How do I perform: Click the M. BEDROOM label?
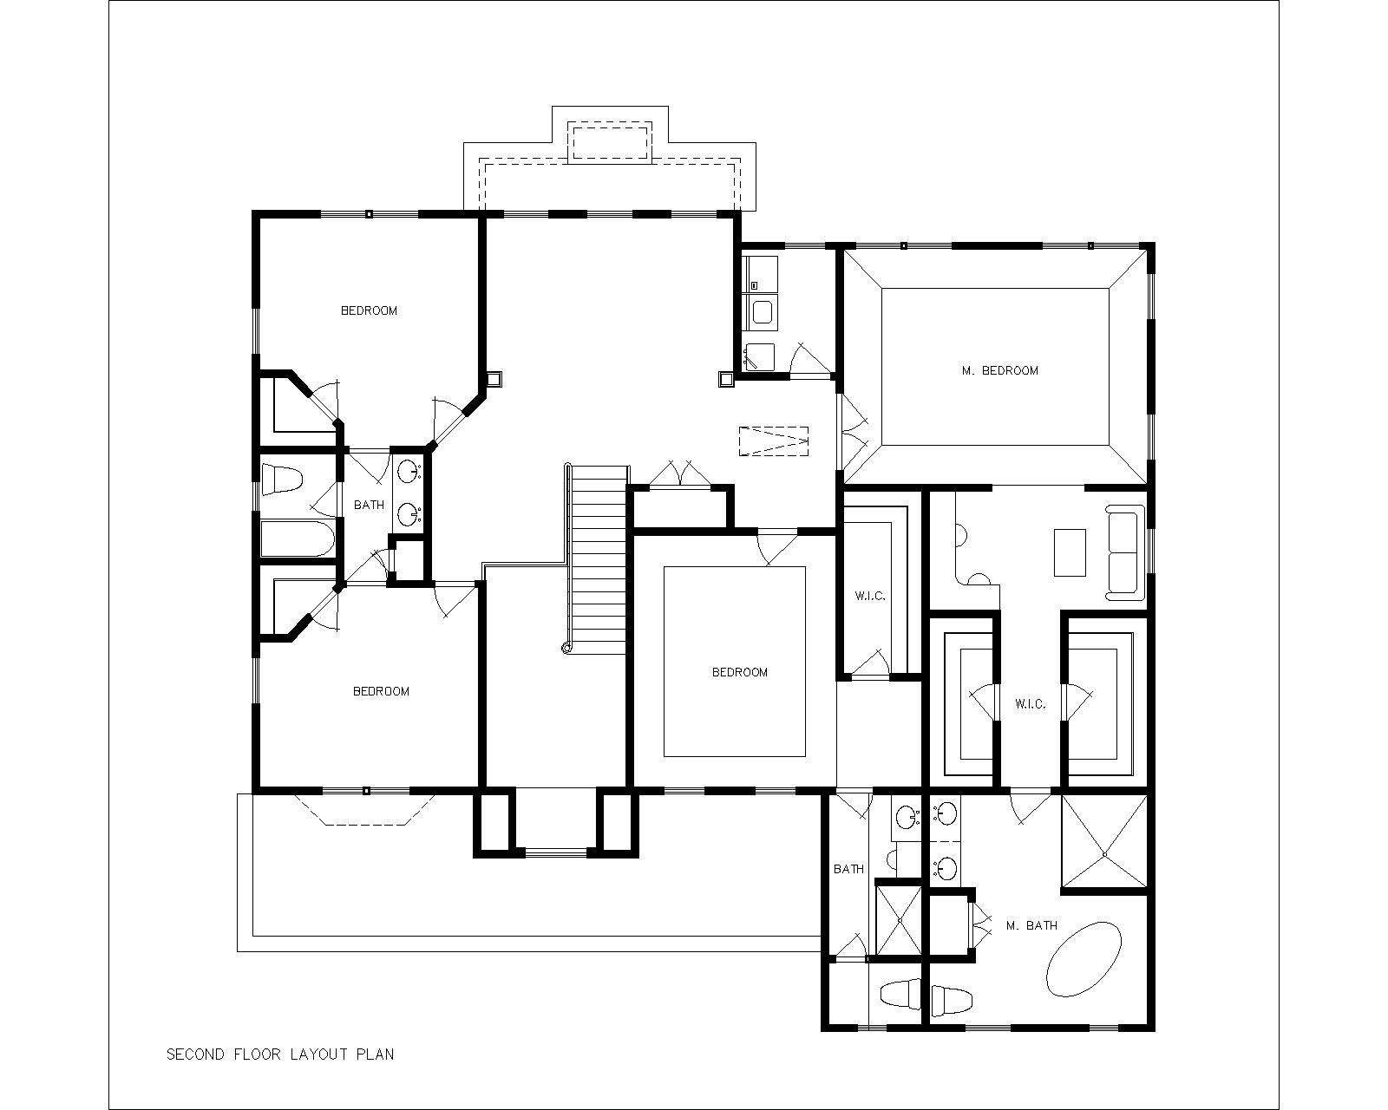pyautogui.click(x=999, y=371)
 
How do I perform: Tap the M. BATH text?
pyautogui.click(x=1032, y=925)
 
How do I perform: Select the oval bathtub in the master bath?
pyautogui.click(x=1084, y=960)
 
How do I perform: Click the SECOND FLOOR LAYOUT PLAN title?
pyautogui.click(x=280, y=1054)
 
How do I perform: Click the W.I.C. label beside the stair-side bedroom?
pyautogui.click(x=870, y=596)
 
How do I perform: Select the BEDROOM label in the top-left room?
pyautogui.click(x=369, y=310)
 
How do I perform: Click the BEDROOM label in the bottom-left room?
pyautogui.click(x=381, y=691)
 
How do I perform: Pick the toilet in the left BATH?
pyautogui.click(x=282, y=480)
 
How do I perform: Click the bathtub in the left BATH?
pyautogui.click(x=298, y=539)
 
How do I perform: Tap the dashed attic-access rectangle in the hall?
pyautogui.click(x=773, y=441)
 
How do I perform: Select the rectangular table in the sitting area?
pyautogui.click(x=1070, y=552)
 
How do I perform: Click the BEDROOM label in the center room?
pyautogui.click(x=740, y=672)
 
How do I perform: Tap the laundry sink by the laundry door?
pyautogui.click(x=759, y=357)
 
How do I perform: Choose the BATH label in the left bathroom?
pyautogui.click(x=369, y=505)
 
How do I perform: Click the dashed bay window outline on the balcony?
pyautogui.click(x=365, y=809)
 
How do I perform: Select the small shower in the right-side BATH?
pyautogui.click(x=899, y=920)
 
